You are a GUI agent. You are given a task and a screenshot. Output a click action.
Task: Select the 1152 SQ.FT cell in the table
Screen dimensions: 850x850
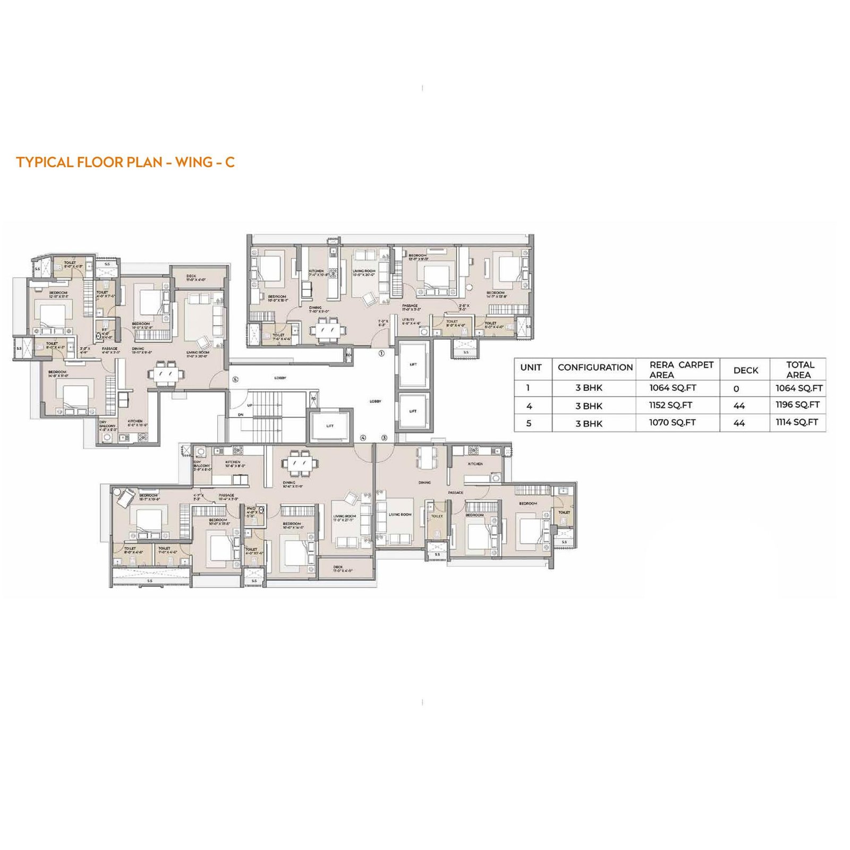point(670,405)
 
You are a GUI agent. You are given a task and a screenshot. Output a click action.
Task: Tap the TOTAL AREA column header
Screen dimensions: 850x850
point(800,369)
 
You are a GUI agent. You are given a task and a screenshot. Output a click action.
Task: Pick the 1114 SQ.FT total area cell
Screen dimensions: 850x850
point(797,422)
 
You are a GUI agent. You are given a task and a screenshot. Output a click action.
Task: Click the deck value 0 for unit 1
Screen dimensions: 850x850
point(736,389)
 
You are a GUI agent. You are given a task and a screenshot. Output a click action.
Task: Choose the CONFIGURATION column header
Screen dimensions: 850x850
point(595,368)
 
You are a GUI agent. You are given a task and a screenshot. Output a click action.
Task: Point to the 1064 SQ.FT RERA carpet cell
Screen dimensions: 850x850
point(673,388)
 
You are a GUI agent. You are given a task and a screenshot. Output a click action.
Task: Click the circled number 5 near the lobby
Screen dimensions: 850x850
point(235,379)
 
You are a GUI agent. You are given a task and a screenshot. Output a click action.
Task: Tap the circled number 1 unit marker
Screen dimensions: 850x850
point(381,353)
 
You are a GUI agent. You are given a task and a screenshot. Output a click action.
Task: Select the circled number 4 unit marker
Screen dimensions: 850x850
point(363,438)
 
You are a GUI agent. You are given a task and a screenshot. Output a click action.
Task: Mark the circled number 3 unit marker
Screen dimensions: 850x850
point(384,438)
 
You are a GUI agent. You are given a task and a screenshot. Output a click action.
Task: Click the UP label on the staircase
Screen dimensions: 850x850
point(250,405)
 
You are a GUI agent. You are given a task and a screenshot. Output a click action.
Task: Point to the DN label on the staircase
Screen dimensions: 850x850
point(241,415)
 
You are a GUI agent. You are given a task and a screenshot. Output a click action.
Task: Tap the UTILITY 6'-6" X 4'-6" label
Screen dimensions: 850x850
point(411,321)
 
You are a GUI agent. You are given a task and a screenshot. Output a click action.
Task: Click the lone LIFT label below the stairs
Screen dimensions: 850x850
point(330,426)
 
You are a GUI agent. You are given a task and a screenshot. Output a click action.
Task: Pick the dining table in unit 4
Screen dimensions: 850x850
point(301,463)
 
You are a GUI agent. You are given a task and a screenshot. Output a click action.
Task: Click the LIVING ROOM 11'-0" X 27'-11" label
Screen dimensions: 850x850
point(344,518)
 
